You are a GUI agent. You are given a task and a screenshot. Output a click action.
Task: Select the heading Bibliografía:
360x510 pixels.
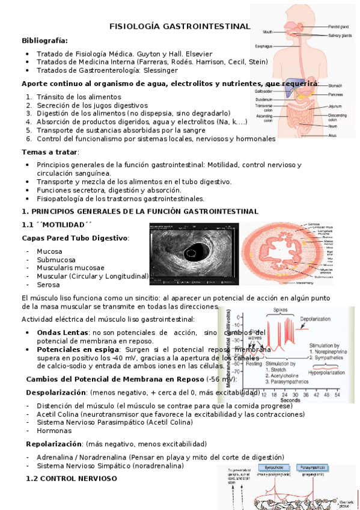click(44, 40)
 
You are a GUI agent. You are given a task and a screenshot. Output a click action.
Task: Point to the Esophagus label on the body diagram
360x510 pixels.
click(264, 46)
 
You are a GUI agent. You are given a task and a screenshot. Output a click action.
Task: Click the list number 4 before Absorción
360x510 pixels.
click(29, 121)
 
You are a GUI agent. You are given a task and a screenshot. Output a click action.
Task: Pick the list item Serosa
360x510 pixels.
click(48, 284)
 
